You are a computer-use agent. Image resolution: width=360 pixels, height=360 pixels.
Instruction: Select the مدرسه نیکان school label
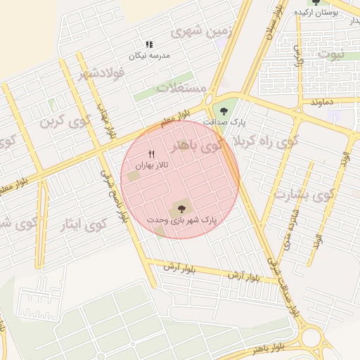[148, 55]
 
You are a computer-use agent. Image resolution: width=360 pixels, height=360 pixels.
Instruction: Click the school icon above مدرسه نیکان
[148, 44]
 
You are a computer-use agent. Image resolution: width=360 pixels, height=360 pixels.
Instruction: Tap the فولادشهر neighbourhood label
[103, 72]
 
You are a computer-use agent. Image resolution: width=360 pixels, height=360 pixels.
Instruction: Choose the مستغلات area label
[181, 89]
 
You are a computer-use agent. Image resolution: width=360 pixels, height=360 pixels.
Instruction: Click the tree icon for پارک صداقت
[224, 110]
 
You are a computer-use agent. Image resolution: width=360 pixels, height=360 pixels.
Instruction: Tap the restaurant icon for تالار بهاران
[151, 154]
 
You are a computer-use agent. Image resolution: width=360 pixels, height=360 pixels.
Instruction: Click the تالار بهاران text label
[150, 165]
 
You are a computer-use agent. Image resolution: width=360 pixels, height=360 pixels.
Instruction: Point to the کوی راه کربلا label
[258, 141]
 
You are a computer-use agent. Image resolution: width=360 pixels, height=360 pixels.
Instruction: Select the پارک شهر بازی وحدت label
[182, 220]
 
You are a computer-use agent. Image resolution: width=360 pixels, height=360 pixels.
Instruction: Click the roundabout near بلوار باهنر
[312, 338]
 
